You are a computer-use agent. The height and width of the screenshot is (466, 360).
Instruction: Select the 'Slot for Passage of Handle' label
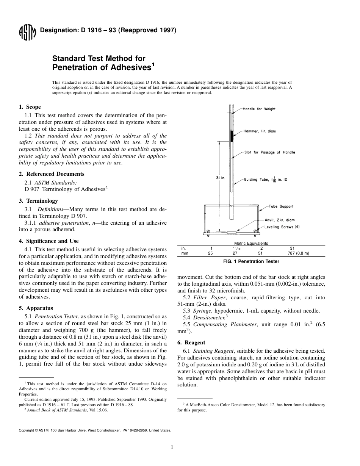click(269, 152)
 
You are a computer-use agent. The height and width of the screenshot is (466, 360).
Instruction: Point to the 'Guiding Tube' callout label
click(265, 179)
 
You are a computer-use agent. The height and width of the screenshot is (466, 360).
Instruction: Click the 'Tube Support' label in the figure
click(281, 206)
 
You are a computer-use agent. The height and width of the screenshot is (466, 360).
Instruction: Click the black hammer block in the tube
click(232, 135)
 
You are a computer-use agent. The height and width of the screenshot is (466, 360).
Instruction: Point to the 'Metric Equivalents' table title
click(251, 243)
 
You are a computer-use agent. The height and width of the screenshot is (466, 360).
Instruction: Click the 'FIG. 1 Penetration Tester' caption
click(251, 261)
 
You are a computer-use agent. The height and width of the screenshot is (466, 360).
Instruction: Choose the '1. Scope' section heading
click(30, 107)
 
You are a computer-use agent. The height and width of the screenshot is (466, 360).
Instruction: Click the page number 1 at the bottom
click(172, 447)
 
